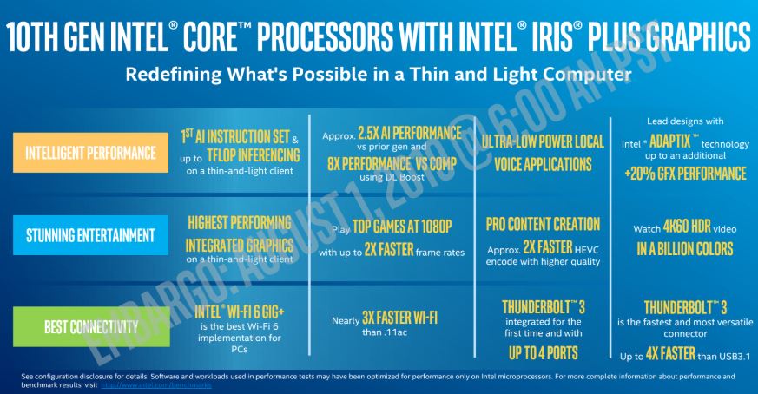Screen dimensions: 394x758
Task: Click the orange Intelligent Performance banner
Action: [x=84, y=153]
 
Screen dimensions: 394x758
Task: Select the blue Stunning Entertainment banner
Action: [x=84, y=235]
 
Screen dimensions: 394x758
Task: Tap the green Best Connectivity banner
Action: [x=84, y=326]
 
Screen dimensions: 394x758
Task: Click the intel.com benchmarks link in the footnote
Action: [x=156, y=385]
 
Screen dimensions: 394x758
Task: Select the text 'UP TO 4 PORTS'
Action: [x=542, y=352]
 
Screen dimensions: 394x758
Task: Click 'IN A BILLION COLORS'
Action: [x=686, y=250]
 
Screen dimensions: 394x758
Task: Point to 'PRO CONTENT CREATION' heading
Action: [x=543, y=224]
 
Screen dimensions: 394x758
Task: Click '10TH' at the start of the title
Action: [x=43, y=38]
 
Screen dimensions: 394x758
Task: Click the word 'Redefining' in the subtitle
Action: [x=170, y=75]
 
